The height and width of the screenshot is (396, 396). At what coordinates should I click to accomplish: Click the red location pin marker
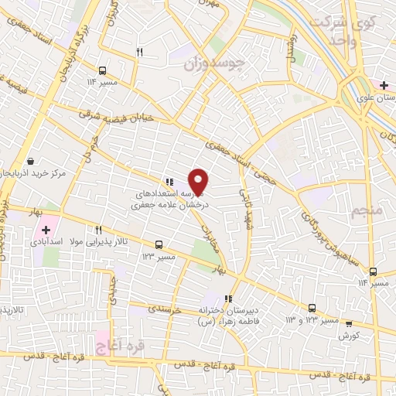[199, 181]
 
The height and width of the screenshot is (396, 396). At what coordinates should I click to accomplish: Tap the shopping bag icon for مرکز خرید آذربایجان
[30, 161]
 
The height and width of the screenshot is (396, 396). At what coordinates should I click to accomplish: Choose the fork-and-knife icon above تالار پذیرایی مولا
[98, 230]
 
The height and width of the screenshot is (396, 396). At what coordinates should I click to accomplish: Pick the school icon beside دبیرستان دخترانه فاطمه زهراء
[227, 299]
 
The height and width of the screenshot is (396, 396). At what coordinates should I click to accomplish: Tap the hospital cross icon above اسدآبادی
[45, 230]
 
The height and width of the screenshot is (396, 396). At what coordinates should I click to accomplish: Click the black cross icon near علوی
[384, 84]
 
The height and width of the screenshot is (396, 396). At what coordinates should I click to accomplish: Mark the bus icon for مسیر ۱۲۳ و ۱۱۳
[312, 307]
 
